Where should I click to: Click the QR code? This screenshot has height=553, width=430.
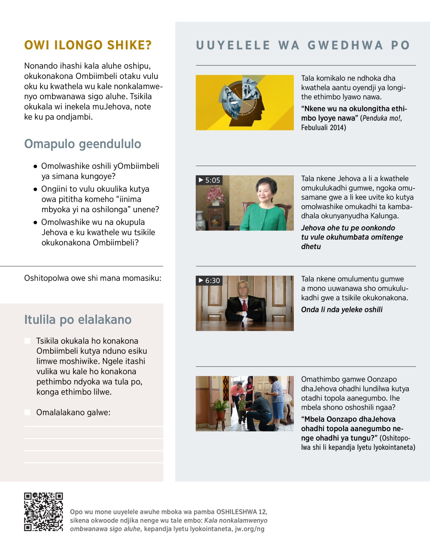pos(43,512)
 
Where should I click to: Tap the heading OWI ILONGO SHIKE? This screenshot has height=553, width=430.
pos(88,45)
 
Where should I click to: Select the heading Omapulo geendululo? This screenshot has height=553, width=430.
pos(83,144)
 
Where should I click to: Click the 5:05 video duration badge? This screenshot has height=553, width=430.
pos(209,180)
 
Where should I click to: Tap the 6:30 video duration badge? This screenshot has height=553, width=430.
pos(209,281)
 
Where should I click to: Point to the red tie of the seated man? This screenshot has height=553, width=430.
pos(245,305)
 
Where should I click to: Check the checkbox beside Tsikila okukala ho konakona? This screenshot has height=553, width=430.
pos(27,341)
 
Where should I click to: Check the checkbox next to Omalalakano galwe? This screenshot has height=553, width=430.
pos(27,413)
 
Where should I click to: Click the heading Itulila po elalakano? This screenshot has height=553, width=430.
pos(78,320)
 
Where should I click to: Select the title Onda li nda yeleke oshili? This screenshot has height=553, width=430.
pos(341,310)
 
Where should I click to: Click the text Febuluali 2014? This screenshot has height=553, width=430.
pos(323,128)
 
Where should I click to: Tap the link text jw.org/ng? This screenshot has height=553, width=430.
pos(249,529)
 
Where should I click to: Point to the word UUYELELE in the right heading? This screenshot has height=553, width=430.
pos(233,45)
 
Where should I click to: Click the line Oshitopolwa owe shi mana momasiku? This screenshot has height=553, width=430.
pos(92,278)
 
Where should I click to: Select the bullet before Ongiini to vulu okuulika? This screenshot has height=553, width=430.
pos(35,189)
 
